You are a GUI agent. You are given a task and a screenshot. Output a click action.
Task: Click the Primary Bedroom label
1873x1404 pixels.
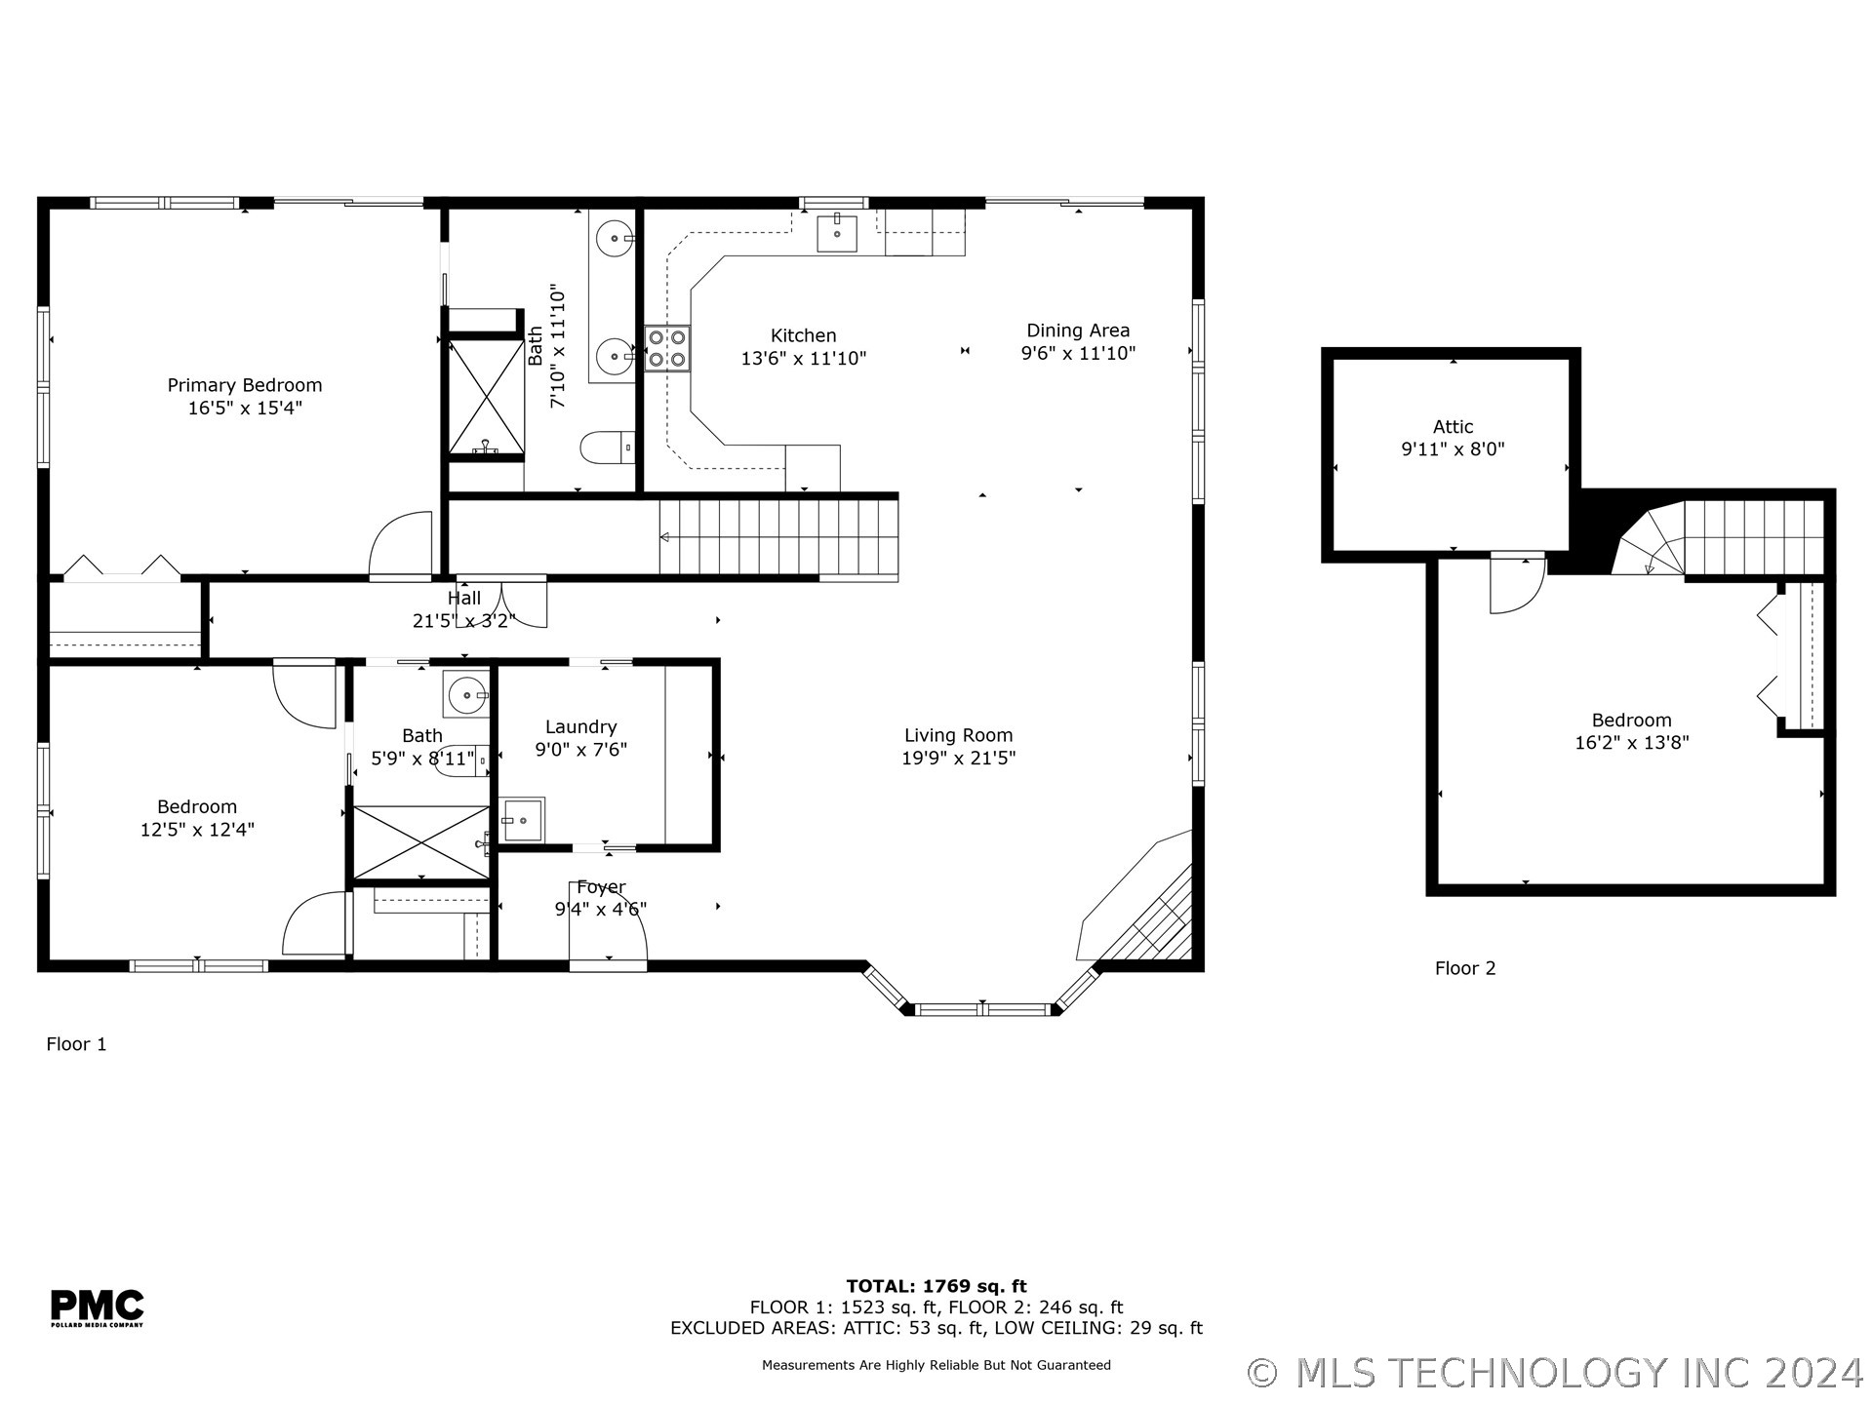pyautogui.click(x=245, y=385)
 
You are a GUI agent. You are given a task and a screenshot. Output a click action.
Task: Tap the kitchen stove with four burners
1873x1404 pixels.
pyautogui.click(x=667, y=349)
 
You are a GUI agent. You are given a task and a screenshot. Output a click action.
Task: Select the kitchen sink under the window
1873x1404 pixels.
pyautogui.click(x=836, y=233)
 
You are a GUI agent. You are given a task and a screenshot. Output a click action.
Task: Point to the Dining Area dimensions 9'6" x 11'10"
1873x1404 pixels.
pyautogui.click(x=1078, y=353)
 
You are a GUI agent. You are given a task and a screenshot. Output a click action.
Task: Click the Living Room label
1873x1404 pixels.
pyautogui.click(x=958, y=735)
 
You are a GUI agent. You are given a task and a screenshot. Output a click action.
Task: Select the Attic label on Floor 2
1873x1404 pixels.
pyautogui.click(x=1453, y=426)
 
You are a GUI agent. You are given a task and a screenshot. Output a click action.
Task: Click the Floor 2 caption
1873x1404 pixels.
pyautogui.click(x=1464, y=968)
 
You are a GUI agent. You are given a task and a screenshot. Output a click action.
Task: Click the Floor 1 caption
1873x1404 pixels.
pyautogui.click(x=76, y=1044)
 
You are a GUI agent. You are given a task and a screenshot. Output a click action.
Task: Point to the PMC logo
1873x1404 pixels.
pyautogui.click(x=97, y=1307)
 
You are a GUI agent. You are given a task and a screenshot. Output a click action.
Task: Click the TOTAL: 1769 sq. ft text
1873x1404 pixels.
pyautogui.click(x=936, y=1286)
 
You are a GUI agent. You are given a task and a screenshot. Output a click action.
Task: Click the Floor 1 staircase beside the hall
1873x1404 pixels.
pyautogui.click(x=777, y=537)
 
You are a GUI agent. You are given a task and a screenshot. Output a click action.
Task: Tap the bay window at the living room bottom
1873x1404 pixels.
pyautogui.click(x=981, y=1009)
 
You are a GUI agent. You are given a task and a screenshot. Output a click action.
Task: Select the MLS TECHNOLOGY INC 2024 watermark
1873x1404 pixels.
pyautogui.click(x=1555, y=1373)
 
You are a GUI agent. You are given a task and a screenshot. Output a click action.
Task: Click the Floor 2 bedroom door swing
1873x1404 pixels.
pyautogui.click(x=1514, y=585)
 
